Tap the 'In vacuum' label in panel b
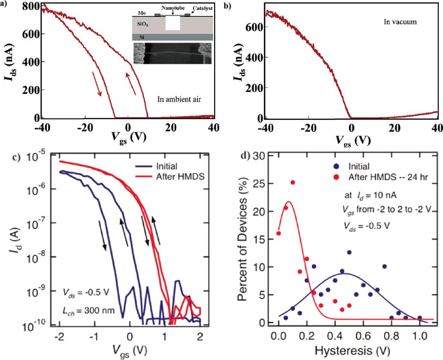tap(400, 21)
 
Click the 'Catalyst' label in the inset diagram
tap(197, 8)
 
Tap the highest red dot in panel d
tap(293, 182)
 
